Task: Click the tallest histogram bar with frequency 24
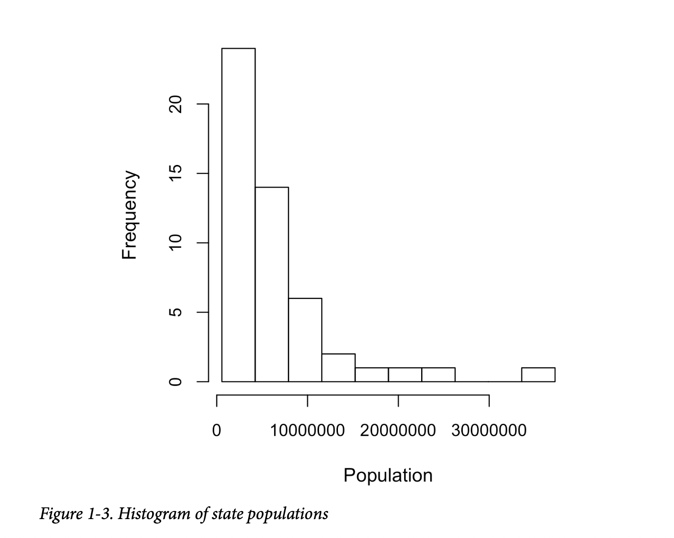click(238, 215)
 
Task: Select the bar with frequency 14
click(272, 284)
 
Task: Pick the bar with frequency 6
click(305, 340)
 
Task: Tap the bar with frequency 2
click(338, 367)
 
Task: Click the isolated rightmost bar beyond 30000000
click(538, 374)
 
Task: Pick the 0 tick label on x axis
click(216, 431)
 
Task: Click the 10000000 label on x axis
click(307, 431)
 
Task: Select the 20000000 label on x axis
click(398, 431)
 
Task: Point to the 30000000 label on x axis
click(489, 431)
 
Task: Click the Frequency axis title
click(129, 215)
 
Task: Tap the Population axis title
click(388, 475)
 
